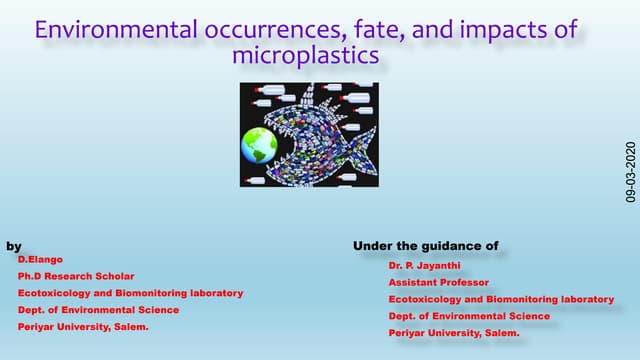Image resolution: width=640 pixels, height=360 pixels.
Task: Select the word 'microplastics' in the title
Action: coord(305,56)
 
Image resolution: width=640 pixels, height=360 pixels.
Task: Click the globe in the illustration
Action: coord(258,145)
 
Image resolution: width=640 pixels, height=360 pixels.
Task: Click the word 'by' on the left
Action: coord(14,246)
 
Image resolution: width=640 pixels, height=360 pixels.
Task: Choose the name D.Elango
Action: coord(39,259)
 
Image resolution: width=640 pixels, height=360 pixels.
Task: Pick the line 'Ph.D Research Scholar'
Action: coord(76,276)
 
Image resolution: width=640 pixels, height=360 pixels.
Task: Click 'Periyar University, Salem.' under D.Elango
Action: coord(83,327)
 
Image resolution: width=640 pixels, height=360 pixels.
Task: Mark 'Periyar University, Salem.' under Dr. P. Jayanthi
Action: coord(454,332)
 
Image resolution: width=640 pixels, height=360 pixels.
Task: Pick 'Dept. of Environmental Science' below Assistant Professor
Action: coord(469,316)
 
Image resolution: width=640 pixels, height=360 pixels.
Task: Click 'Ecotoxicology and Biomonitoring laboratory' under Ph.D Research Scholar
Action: coord(130,293)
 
